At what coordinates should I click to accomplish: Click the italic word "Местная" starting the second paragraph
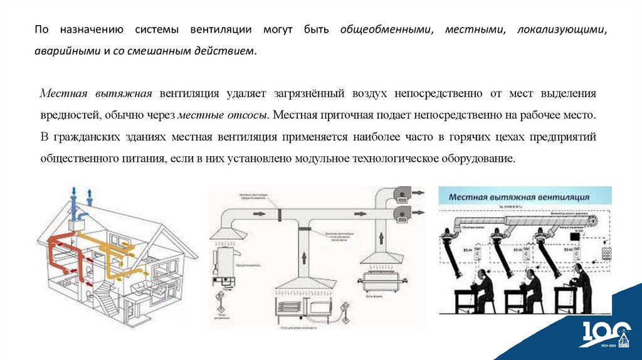[x=65, y=93]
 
